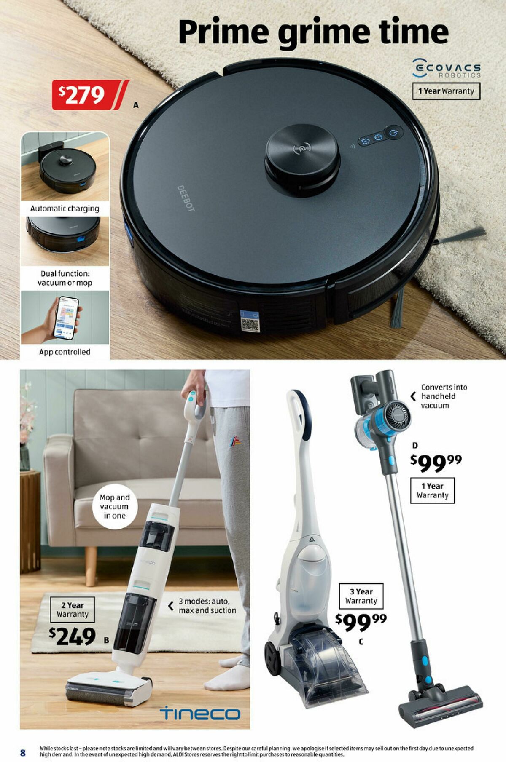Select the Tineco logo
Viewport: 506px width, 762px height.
[200, 713]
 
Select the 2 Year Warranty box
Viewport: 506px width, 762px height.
[73, 610]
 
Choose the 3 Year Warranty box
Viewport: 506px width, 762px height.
[361, 596]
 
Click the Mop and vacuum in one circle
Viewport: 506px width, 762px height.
[115, 506]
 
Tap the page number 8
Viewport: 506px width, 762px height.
[23, 753]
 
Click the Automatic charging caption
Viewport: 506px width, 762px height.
[65, 209]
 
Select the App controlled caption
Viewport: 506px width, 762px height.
[65, 352]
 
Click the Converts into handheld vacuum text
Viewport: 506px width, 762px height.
[444, 396]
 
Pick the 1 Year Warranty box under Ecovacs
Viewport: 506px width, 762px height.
[446, 91]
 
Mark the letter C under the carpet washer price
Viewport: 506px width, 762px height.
[361, 642]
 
